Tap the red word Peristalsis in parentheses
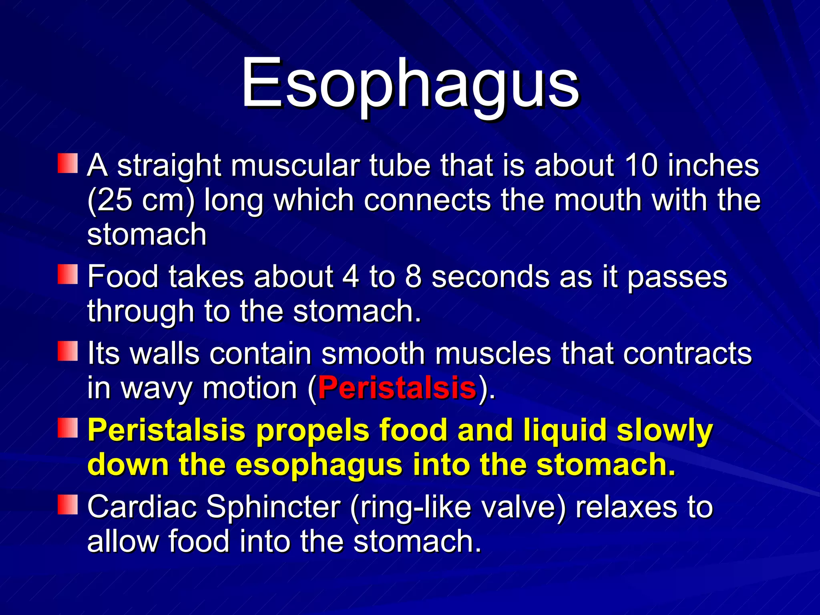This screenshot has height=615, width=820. click(397, 388)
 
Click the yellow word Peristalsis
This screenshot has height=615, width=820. click(166, 430)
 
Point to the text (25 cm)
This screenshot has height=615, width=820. click(141, 200)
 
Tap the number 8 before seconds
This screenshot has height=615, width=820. click(413, 277)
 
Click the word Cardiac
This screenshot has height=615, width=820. click(142, 507)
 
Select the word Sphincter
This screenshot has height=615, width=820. click(273, 507)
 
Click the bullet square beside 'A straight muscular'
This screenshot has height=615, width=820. click(67, 163)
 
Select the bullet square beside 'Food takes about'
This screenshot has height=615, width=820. click(67, 274)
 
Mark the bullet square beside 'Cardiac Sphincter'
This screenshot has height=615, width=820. click(67, 504)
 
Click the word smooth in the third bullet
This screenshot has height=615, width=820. click(373, 354)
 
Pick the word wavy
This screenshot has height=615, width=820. click(157, 389)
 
